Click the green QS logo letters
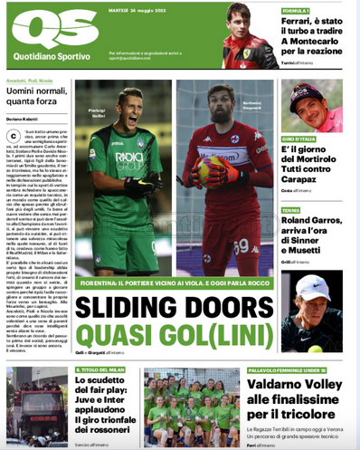pos(43,32)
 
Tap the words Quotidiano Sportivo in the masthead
pos(43,58)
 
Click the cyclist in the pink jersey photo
pos(309,110)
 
